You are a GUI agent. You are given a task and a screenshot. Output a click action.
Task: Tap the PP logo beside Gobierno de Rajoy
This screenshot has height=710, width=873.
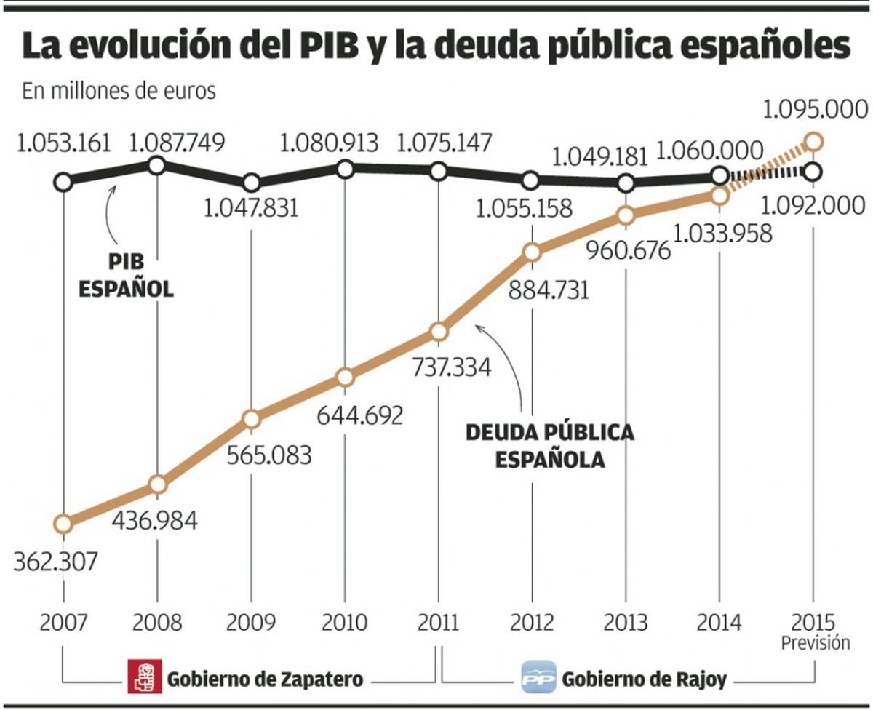(538, 678)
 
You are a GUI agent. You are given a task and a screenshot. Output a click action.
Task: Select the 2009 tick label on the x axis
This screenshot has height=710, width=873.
(251, 623)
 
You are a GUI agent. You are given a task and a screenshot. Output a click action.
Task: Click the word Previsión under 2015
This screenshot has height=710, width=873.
(815, 643)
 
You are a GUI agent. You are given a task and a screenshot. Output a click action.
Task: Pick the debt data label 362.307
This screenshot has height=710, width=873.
(55, 562)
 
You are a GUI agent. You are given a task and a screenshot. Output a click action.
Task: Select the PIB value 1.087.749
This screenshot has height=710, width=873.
(177, 141)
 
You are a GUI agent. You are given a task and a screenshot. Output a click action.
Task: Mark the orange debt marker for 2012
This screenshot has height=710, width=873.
(532, 252)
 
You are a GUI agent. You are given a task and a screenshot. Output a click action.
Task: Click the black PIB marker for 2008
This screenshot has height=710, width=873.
(156, 165)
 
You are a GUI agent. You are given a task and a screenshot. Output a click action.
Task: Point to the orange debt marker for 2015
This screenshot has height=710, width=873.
(814, 140)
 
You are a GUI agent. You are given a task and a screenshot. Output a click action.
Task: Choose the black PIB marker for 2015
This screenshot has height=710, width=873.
(814, 172)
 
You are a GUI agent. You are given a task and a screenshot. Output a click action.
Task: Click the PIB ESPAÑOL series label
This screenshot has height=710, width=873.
(125, 274)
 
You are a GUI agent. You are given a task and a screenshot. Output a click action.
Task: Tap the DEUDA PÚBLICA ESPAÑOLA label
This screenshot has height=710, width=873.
(550, 446)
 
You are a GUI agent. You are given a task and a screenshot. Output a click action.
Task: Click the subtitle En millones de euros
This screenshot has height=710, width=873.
(119, 92)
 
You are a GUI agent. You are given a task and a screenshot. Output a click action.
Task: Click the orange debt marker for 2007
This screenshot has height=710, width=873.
(63, 524)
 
